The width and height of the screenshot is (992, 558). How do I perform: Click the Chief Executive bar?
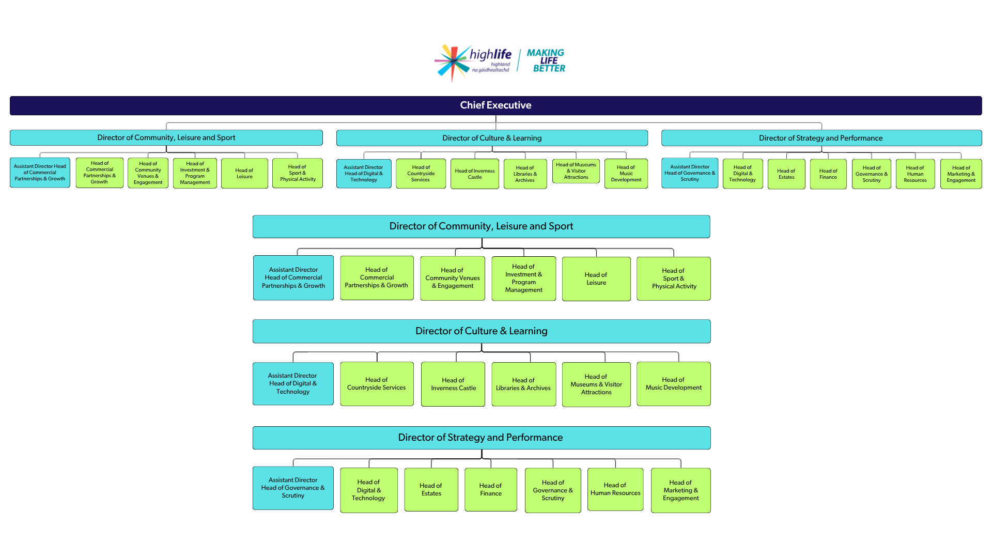coord(495,105)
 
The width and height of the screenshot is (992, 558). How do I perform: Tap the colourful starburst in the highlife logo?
coord(453,61)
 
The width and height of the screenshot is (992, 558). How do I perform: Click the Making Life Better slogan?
coord(546,60)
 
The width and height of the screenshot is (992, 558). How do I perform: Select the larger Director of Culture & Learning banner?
coord(481,331)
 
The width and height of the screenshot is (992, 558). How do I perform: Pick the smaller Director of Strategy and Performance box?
coord(821,138)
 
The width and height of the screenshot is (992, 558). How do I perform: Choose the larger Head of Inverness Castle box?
coord(453,384)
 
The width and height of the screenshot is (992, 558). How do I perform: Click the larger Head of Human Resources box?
coord(615,489)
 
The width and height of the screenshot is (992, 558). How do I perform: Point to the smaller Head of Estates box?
coord(786,174)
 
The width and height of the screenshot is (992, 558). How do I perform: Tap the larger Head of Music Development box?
coord(673,384)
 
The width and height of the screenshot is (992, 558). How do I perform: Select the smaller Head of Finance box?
coord(828,174)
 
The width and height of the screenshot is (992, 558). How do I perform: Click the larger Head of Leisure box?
coord(596,279)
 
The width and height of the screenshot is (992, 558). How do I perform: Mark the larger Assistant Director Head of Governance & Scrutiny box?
coord(293,488)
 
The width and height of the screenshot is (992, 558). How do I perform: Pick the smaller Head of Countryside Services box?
coord(421,174)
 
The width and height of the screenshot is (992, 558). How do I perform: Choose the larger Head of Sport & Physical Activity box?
coord(673,278)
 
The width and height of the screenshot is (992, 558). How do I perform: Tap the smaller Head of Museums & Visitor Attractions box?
coord(576,171)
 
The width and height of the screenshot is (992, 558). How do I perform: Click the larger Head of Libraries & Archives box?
coord(523,384)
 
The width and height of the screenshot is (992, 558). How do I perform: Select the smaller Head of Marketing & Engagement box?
coord(960,174)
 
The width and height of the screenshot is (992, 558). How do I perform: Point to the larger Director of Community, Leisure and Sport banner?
coord(481,226)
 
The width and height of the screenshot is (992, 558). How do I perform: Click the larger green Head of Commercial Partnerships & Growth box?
coord(377,278)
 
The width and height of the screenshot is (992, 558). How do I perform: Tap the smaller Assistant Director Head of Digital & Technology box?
coord(364,174)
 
